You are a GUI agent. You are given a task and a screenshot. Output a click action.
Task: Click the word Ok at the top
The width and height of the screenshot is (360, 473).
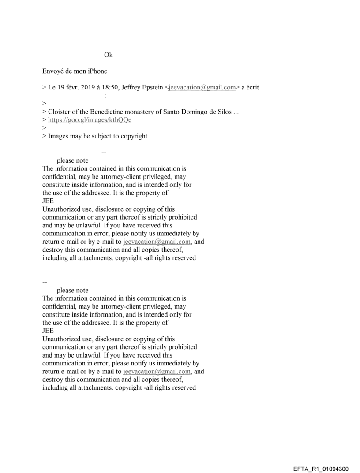(x=108, y=55)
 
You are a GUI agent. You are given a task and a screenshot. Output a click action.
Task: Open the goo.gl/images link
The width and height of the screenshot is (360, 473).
(x=90, y=119)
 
